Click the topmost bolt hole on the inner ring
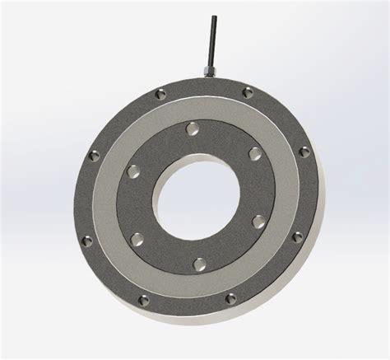pos(192,129)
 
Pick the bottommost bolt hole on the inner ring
pos(199,264)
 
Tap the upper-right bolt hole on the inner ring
pos(254,153)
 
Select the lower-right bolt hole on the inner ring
pos(258,222)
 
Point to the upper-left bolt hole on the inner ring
pos(132,171)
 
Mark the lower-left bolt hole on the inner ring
pos(137,240)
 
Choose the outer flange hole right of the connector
pos(247,93)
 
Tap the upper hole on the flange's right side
pos(304,152)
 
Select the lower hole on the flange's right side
pos(297,237)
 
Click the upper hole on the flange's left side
pos(93,155)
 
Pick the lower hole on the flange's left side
pos(87,241)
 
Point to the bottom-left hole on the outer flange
pos(144,300)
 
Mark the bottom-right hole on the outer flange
pos(230,298)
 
